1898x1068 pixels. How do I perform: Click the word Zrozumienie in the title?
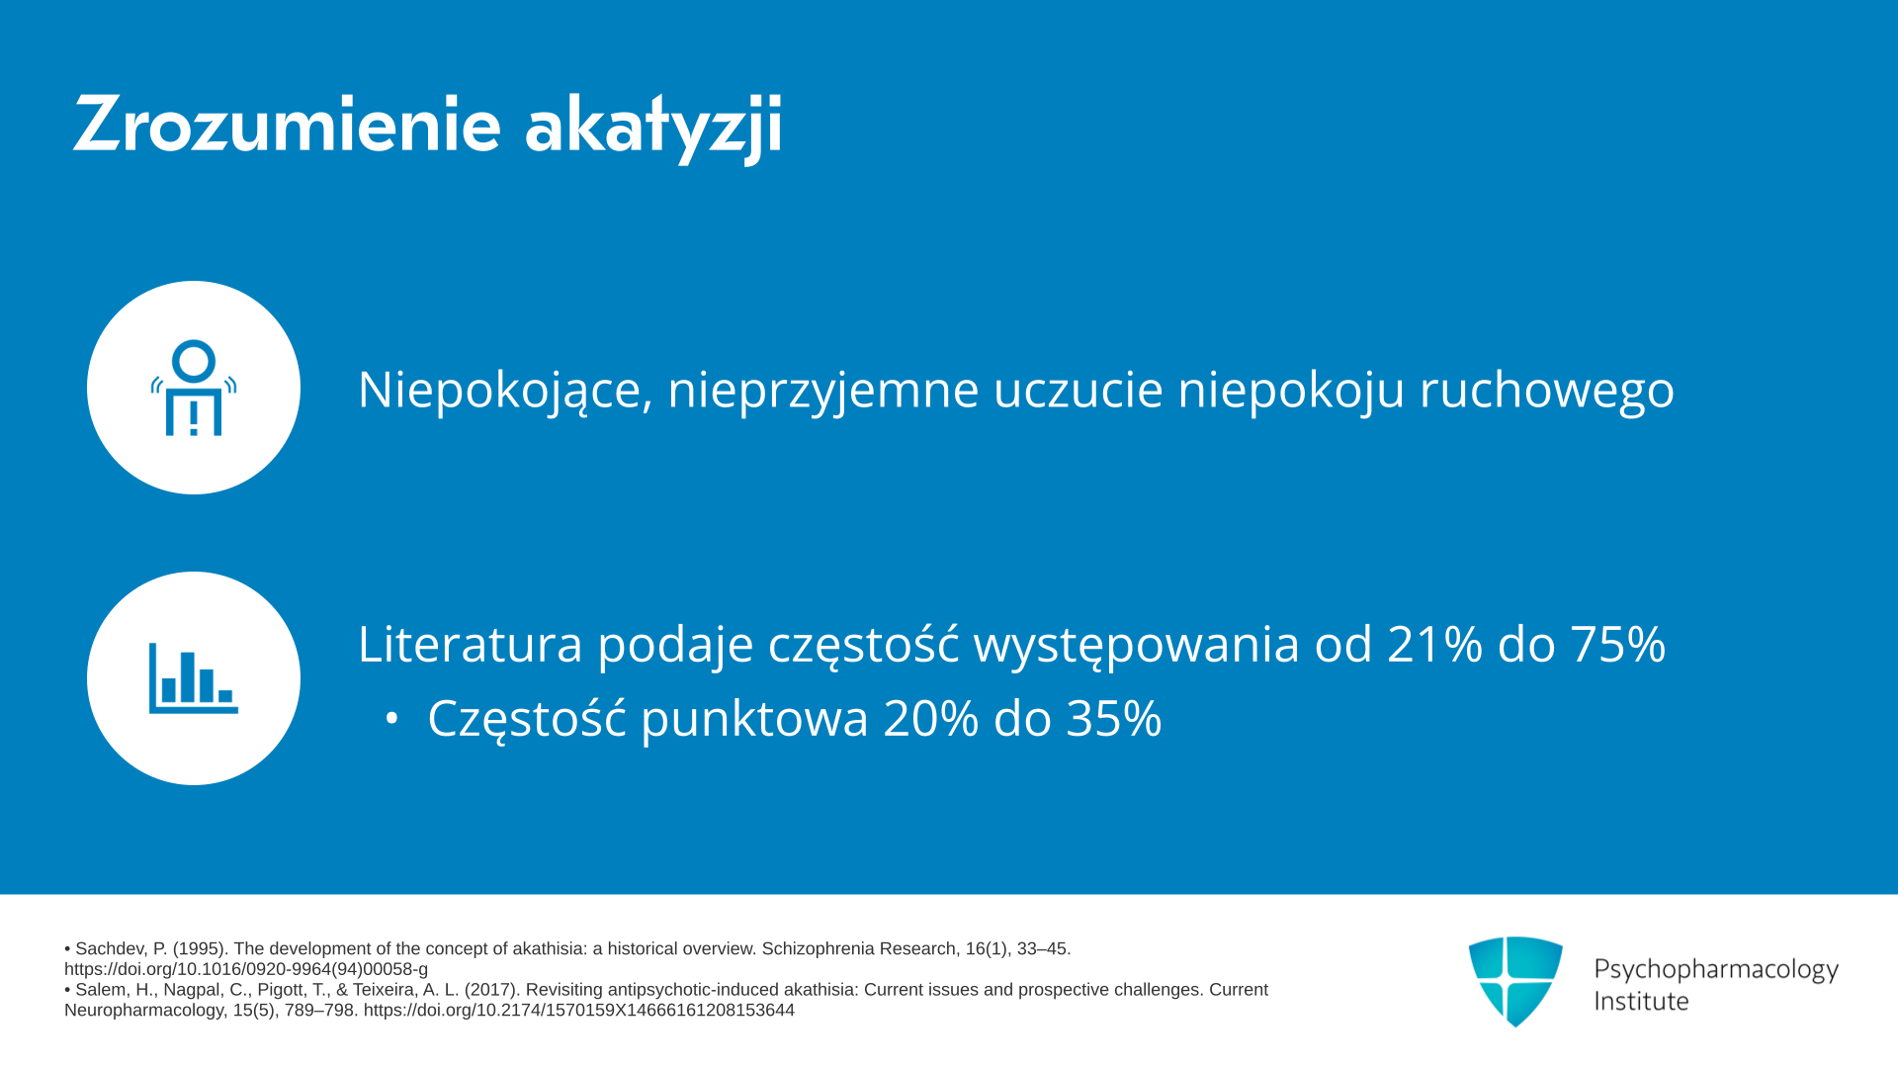click(x=287, y=125)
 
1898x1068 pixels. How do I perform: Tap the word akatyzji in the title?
click(x=653, y=127)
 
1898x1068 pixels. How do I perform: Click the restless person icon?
click(x=194, y=388)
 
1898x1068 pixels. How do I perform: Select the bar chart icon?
click(x=194, y=678)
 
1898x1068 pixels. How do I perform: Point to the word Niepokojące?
click(x=505, y=390)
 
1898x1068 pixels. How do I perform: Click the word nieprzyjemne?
click(x=823, y=390)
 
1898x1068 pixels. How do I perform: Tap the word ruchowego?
click(x=1547, y=390)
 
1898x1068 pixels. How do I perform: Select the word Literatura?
click(x=470, y=644)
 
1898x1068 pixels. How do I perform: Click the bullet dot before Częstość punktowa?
click(x=391, y=719)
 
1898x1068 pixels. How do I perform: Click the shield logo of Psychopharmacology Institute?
click(x=1515, y=981)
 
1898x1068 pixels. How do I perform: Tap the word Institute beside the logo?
click(x=1641, y=1001)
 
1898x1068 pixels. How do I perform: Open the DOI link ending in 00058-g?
click(x=246, y=969)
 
